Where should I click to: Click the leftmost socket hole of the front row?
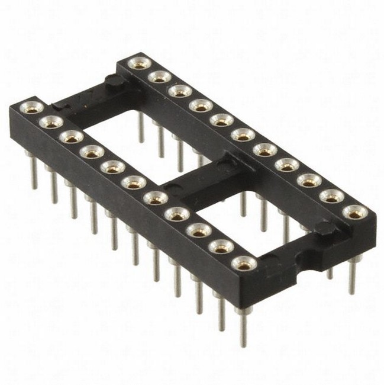[31, 107]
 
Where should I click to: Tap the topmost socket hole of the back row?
[138, 62]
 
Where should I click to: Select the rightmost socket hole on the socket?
[353, 210]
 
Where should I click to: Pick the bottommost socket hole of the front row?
[243, 261]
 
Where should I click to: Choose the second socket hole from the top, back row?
[159, 76]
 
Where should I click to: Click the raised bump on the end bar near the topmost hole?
[112, 83]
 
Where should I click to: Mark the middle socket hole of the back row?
[242, 134]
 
